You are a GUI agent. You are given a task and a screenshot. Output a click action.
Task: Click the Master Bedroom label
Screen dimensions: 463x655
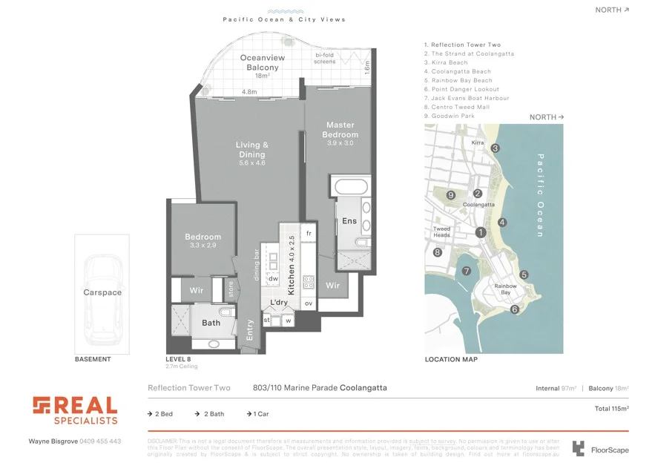(340, 130)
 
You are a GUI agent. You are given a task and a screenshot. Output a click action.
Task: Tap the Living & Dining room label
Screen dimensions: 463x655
(251, 149)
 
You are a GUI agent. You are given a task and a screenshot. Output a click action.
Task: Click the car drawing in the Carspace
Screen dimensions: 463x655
(102, 301)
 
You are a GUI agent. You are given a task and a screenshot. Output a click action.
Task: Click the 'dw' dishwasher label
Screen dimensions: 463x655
(273, 278)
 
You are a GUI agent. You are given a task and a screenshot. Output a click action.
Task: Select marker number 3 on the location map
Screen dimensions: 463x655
(495, 148)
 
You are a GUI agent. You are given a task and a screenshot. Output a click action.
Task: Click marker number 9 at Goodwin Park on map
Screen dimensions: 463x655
(451, 195)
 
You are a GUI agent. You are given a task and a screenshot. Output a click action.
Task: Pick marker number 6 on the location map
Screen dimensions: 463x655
(514, 309)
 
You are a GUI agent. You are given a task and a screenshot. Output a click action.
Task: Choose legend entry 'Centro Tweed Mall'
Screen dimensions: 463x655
(461, 107)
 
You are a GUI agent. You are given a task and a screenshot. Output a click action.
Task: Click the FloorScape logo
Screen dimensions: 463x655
(599, 448)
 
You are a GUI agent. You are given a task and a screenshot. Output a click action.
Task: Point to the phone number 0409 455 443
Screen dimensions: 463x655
(100, 441)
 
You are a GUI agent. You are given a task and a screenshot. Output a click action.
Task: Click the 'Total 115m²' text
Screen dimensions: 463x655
(611, 408)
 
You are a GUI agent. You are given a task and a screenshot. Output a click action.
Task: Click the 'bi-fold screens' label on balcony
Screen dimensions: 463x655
(325, 59)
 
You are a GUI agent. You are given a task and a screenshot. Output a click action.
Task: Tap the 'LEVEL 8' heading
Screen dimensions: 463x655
(179, 359)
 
